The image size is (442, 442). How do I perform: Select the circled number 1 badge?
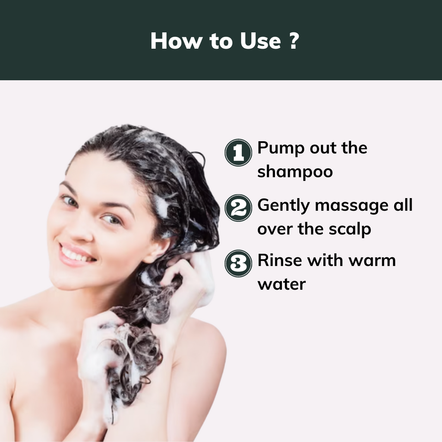click(x=238, y=153)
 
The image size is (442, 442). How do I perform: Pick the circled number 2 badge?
click(x=238, y=209)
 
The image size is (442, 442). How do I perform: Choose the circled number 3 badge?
click(x=238, y=264)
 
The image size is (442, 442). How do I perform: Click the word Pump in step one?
click(x=279, y=148)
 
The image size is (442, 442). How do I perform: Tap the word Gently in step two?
click(x=284, y=206)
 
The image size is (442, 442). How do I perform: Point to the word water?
click(x=281, y=284)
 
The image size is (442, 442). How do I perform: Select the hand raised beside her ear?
click(x=190, y=276)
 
